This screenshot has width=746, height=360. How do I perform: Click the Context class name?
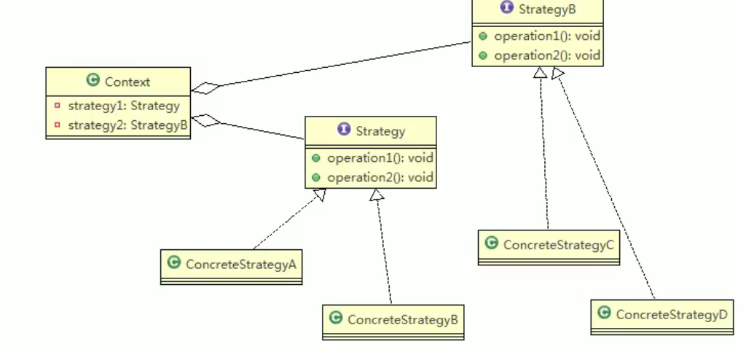coord(127,82)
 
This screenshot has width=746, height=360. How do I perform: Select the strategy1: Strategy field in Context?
coord(123,106)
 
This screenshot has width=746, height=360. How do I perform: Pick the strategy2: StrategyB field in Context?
coord(127,125)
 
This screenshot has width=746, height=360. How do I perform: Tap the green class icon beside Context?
coord(93,81)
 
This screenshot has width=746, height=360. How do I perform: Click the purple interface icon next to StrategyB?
coord(507,8)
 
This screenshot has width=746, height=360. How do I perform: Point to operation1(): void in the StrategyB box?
coord(546,36)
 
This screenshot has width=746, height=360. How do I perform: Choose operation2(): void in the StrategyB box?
coord(546,55)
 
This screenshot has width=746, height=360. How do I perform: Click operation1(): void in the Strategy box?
coord(380,157)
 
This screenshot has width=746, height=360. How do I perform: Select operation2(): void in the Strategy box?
coord(380,177)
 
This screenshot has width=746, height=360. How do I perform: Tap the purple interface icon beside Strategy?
coord(344,130)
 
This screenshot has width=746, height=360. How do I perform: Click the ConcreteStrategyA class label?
coord(240,265)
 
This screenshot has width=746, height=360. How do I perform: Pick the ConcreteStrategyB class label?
coord(402,320)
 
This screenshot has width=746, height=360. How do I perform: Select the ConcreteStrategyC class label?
coord(559,245)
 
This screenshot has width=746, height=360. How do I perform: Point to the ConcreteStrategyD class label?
coord(671,315)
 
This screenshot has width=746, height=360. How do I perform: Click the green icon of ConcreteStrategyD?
coord(603,313)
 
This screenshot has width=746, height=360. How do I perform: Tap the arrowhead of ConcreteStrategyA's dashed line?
coord(319,195)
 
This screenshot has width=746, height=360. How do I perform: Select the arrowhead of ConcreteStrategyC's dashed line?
coord(540,72)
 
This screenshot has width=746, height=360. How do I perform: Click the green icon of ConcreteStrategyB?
coord(335,318)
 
